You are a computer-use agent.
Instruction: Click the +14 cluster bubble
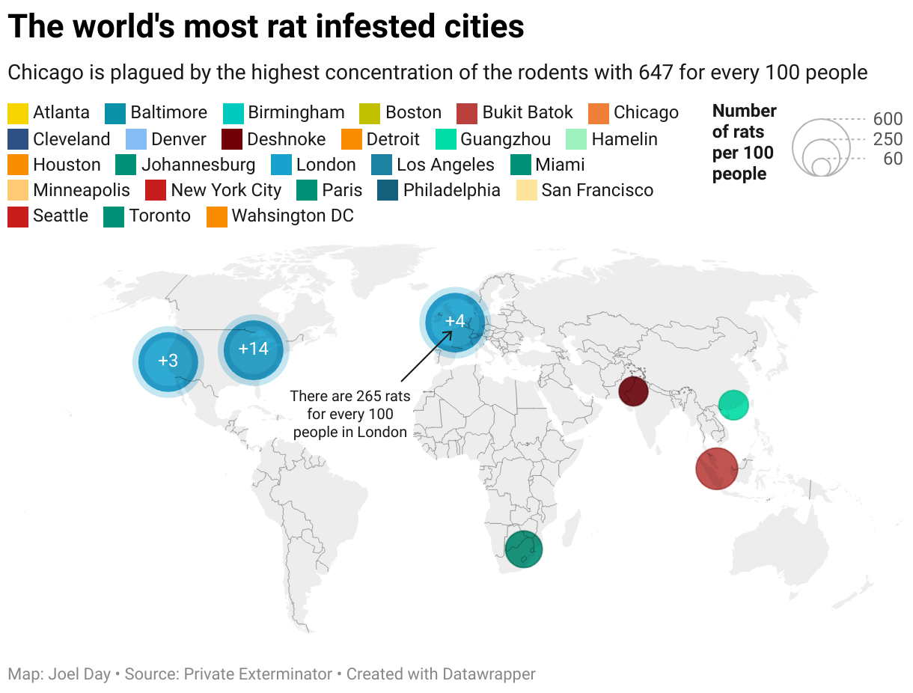[253, 349]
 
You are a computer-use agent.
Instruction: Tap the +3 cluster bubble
[168, 361]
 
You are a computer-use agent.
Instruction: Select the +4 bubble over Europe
[454, 322]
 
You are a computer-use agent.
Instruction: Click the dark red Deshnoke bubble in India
[633, 391]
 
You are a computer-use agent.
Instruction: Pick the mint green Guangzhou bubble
[733, 405]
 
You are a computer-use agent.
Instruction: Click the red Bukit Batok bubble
[717, 468]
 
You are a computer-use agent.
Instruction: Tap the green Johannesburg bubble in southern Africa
[523, 549]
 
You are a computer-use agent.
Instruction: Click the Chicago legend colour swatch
[599, 113]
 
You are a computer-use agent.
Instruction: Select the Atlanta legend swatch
[18, 113]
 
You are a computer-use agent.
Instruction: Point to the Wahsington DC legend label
[293, 216]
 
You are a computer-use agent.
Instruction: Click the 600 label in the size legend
[888, 120]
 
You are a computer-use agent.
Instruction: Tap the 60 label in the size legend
[892, 159]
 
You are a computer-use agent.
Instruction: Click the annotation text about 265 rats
[349, 414]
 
